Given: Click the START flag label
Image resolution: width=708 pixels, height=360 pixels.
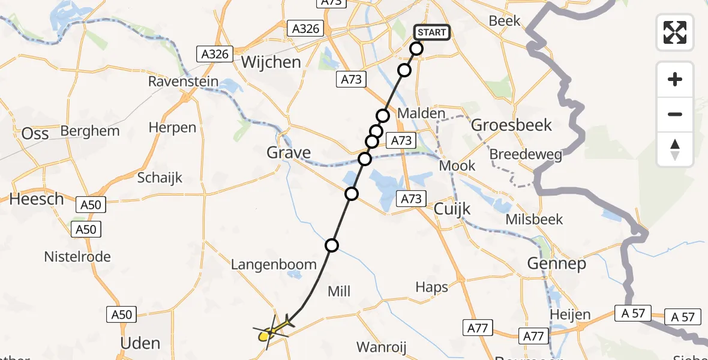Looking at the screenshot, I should tap(431, 32).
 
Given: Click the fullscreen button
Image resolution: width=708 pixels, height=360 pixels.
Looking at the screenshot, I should tap(675, 32).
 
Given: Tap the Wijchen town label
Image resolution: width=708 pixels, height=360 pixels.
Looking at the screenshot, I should tap(271, 62).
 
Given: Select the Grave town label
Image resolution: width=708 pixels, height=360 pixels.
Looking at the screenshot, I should tap(289, 152).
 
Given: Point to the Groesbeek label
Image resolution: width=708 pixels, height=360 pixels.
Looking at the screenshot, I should tap(512, 125).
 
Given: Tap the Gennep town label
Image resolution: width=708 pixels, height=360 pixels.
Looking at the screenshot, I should tap(556, 263).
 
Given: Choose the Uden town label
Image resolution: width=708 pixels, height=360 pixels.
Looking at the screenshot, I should tap(140, 343).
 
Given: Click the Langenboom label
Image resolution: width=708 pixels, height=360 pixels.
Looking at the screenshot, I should tap(274, 265).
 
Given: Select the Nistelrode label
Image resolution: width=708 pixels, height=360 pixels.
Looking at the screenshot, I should tap(77, 257).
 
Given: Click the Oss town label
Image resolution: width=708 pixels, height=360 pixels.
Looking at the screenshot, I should tap(35, 134).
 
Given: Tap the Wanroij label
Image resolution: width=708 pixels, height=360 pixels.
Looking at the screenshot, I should tap(382, 347).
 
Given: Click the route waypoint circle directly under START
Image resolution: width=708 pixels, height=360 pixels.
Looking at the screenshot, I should tap(416, 49).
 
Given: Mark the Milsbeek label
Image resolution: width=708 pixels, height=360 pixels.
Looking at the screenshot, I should tap(535, 219).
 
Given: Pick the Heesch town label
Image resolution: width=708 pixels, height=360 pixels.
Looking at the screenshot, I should tap(37, 199).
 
